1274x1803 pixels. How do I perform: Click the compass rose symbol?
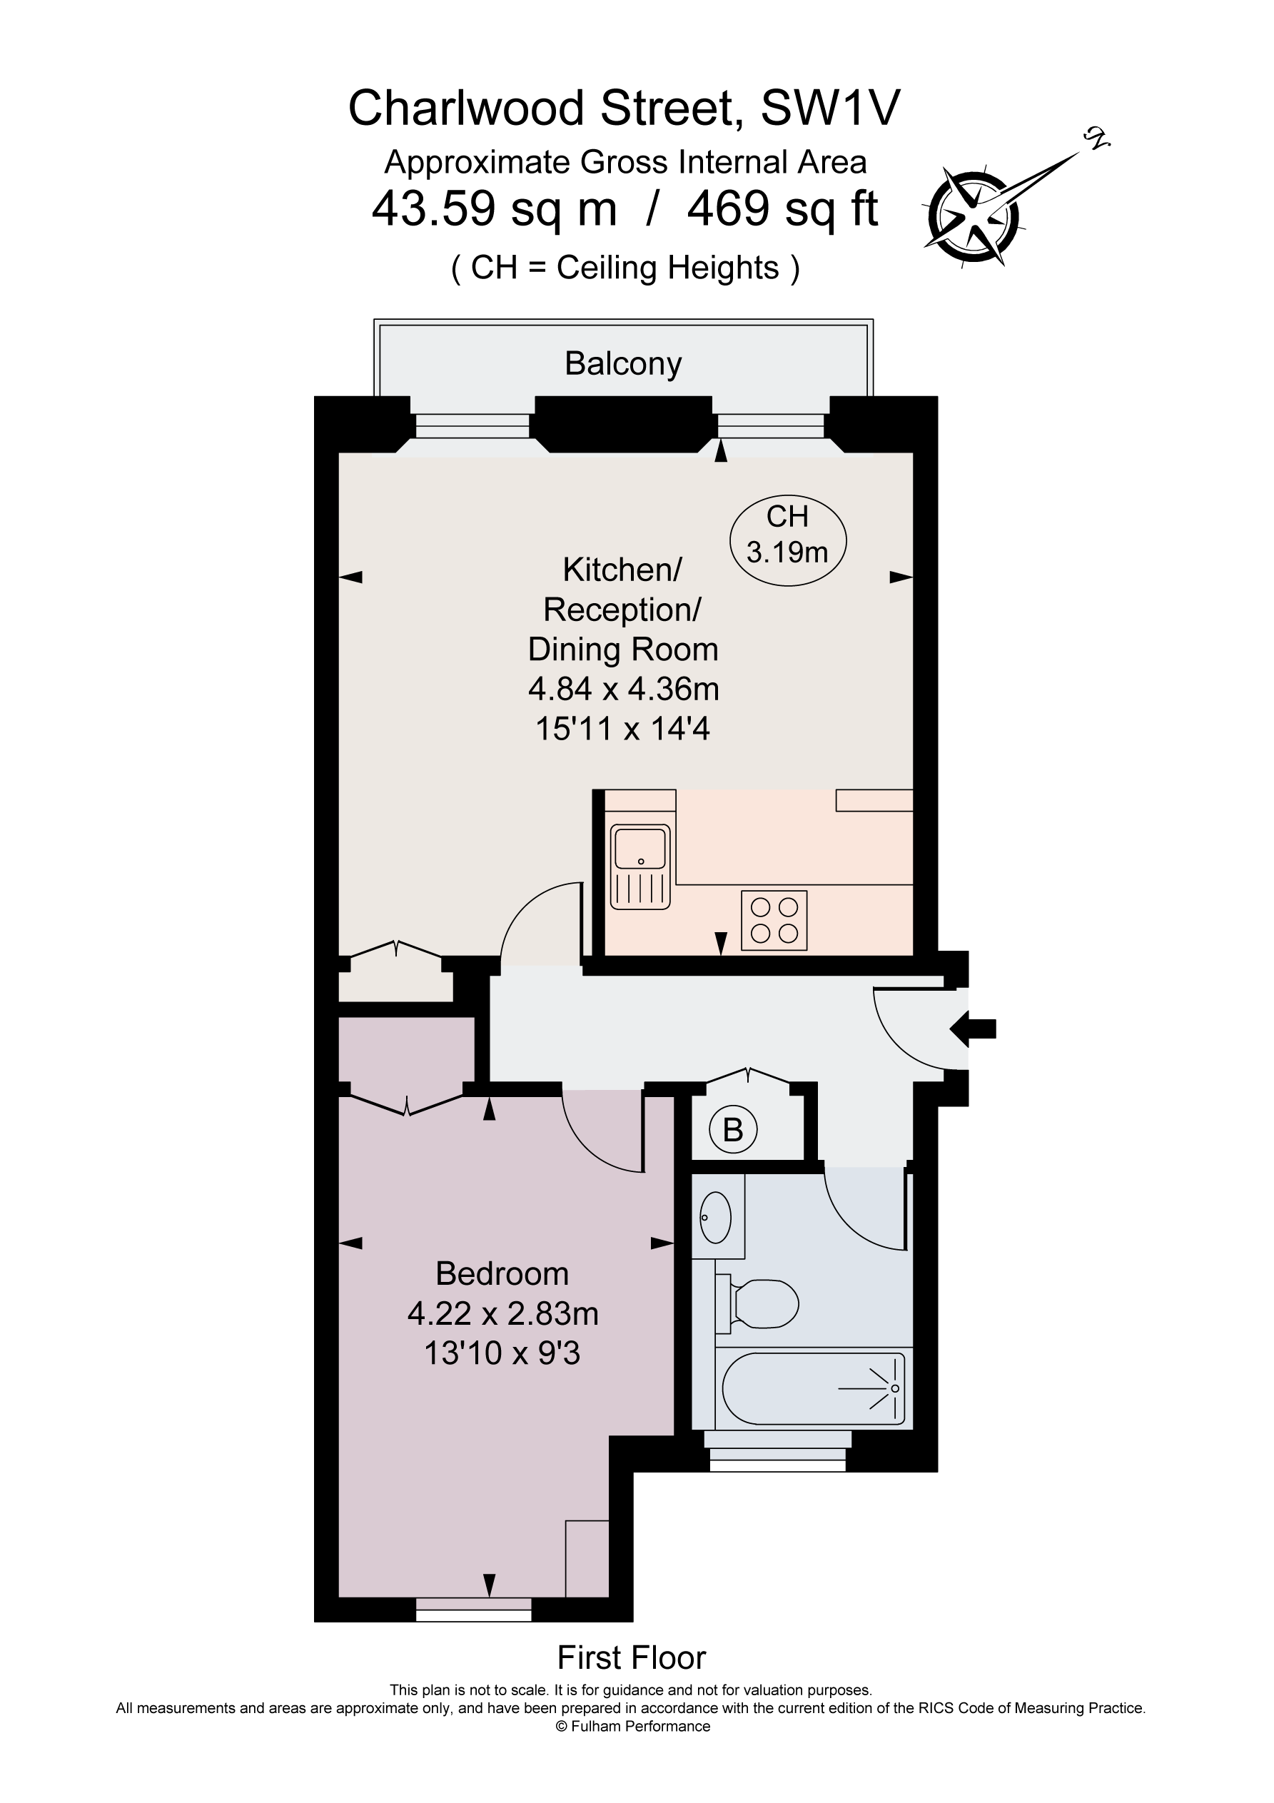click(x=975, y=213)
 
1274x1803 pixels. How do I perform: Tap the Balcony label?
click(x=623, y=363)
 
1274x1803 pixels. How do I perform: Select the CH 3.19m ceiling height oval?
click(x=787, y=535)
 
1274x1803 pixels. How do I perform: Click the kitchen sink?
click(x=641, y=865)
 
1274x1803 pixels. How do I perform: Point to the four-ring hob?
click(x=774, y=919)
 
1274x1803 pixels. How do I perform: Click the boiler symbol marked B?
click(x=732, y=1130)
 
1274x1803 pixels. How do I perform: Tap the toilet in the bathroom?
click(x=758, y=1304)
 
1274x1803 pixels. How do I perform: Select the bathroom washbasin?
click(x=714, y=1218)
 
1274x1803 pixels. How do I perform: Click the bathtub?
click(x=813, y=1388)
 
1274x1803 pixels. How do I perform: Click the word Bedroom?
click(x=502, y=1273)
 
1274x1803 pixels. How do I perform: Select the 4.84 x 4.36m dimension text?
click(x=623, y=690)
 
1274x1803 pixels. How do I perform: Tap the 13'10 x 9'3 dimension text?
click(x=502, y=1354)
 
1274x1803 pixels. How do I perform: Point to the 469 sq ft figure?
click(x=782, y=209)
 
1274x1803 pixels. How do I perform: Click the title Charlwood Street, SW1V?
click(x=624, y=108)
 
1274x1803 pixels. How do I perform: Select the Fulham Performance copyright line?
click(x=632, y=1726)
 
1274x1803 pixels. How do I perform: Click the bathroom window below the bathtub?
click(x=777, y=1457)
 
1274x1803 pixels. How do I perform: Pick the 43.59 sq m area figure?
click(x=494, y=209)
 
